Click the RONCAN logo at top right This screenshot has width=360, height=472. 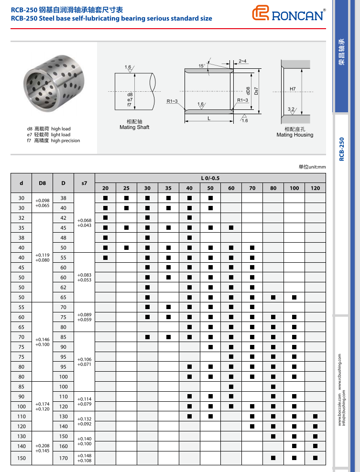[289, 14]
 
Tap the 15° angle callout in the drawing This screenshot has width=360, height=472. [202, 65]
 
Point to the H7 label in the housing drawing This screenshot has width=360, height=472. [306, 89]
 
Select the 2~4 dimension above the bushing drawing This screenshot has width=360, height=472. [242, 61]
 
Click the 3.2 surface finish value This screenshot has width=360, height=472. [291, 109]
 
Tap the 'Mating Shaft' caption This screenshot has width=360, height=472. [134, 127]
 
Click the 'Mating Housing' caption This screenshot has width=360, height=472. [295, 135]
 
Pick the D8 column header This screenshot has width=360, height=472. [42, 183]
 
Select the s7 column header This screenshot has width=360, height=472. [84, 183]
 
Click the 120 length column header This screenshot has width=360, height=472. [315, 188]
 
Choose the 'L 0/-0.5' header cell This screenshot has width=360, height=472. [210, 178]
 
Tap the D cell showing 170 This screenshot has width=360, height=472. [64, 458]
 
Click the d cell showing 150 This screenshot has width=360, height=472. [22, 458]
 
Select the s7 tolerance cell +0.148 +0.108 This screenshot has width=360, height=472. [84, 458]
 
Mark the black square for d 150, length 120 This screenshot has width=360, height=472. [315, 458]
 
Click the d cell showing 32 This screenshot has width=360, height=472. [22, 218]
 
